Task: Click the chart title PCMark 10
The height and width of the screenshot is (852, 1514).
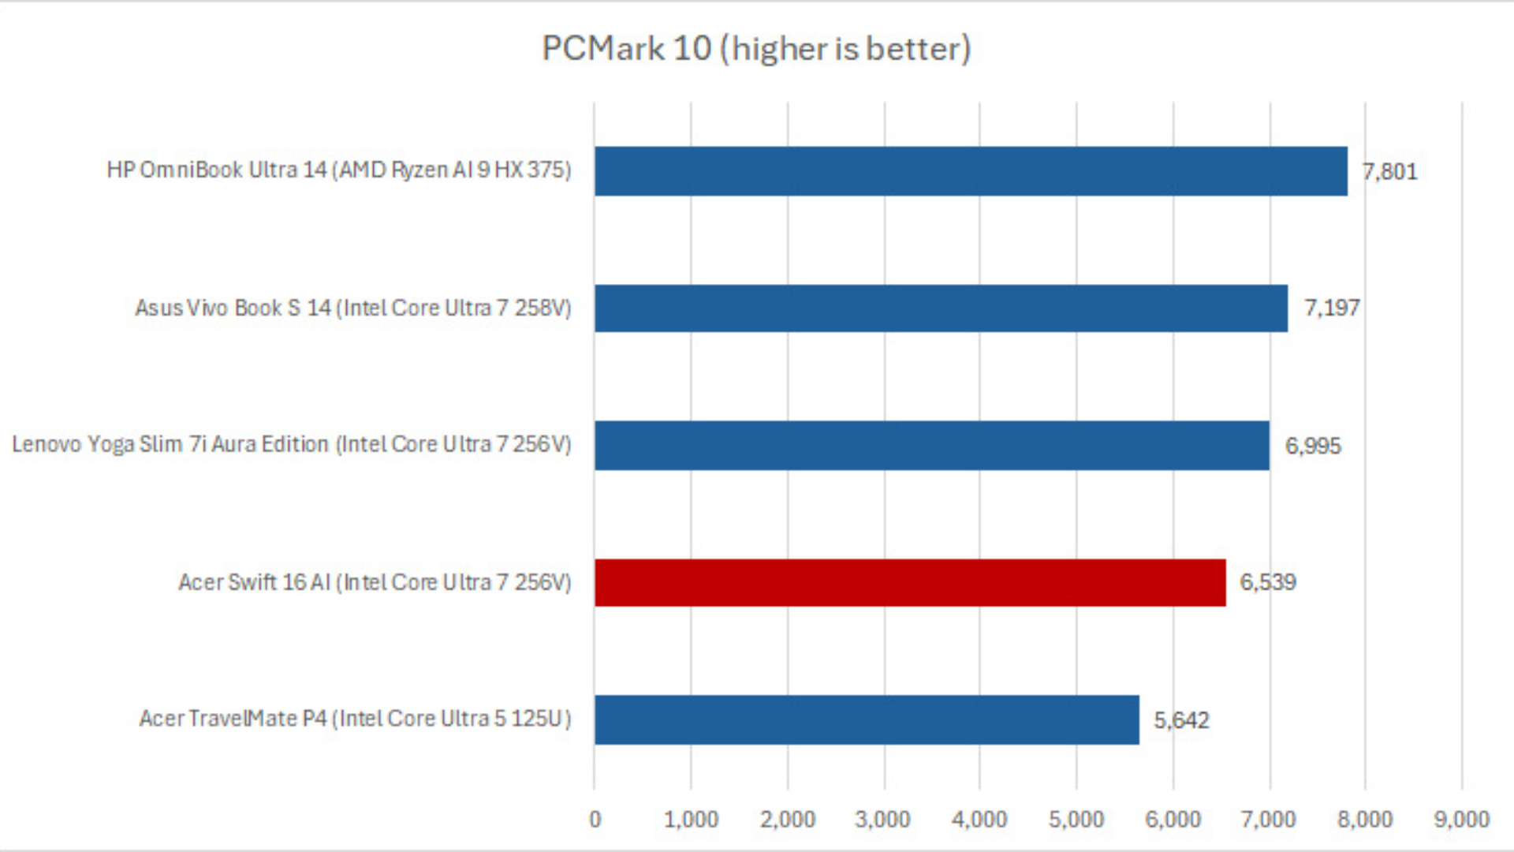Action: coord(755,49)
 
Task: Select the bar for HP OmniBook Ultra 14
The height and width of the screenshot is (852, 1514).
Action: coord(970,170)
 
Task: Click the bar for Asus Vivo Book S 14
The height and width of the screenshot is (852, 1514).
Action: coord(940,308)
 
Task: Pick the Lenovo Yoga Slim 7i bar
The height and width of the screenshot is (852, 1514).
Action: coord(931,445)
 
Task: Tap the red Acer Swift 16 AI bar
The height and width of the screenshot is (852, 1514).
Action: coord(909,582)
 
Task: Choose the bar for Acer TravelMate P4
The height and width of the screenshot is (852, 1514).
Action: coord(866,719)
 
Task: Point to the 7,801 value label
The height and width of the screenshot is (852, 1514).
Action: coord(1389,171)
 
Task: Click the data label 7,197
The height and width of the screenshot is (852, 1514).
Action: coord(1331,308)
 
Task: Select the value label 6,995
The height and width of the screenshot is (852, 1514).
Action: coord(1312,446)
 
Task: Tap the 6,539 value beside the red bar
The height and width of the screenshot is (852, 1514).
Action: coord(1267,582)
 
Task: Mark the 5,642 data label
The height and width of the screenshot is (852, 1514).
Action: coord(1181,719)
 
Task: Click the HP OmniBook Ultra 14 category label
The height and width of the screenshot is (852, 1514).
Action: coord(338,170)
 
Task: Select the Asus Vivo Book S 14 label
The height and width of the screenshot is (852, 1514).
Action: coord(352,308)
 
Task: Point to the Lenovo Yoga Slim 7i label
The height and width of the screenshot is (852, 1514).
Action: coord(291,445)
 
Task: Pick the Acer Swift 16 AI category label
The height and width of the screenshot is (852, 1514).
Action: coord(374,582)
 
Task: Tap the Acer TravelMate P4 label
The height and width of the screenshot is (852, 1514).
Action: coord(355,719)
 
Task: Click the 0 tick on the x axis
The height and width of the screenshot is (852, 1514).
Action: coord(595,820)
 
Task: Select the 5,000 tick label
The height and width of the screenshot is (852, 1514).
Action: coord(1076,820)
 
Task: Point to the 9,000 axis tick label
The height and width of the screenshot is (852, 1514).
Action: coord(1461,820)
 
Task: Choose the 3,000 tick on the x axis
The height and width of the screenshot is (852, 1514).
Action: coord(883,820)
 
